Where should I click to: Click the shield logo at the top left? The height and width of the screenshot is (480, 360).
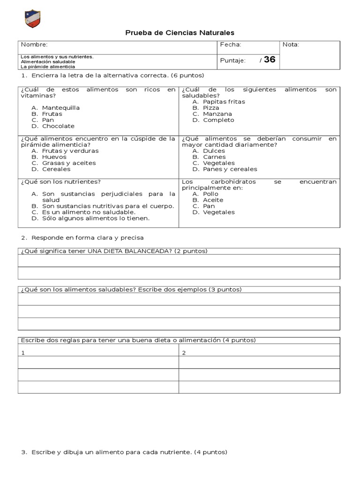[x=32, y=19]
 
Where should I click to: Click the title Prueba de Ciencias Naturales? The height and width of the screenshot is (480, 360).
[x=180, y=32]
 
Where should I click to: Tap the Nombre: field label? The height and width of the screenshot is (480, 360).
[x=34, y=45]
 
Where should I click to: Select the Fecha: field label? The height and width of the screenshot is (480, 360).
[x=230, y=45]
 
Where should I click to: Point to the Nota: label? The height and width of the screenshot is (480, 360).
[x=291, y=45]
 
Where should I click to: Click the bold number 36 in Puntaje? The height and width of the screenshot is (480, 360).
[x=270, y=60]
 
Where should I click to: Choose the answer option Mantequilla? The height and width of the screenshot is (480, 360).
[x=60, y=108]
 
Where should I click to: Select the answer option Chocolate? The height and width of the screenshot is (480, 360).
[x=58, y=126]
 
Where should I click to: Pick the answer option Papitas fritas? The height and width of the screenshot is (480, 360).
[x=224, y=102]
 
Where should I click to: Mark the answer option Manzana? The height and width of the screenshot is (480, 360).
[x=217, y=114]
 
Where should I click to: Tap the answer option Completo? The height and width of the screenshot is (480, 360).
[x=218, y=120]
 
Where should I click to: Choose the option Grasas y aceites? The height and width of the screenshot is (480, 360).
[x=68, y=163]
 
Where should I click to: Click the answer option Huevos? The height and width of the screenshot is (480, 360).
[x=54, y=157]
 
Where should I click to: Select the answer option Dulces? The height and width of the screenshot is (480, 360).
[x=214, y=151]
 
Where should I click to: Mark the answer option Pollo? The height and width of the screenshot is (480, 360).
[x=211, y=194]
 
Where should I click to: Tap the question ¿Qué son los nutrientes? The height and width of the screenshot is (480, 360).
[x=60, y=181]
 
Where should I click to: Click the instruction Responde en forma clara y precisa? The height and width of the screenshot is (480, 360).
[x=87, y=238]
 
